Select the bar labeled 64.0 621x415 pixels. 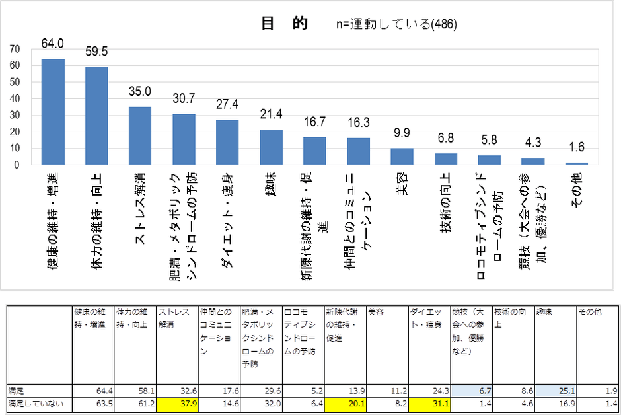[53, 112]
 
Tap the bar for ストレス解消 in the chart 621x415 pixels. [140, 135]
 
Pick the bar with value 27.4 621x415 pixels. [227, 142]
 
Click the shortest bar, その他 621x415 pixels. [576, 163]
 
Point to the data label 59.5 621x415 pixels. [96, 51]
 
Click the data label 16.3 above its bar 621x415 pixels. [358, 123]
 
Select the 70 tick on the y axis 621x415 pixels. [15, 49]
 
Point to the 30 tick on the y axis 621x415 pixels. [15, 116]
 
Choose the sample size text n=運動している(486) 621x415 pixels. [396, 24]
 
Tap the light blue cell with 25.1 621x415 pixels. [555, 391]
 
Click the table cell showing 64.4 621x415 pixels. [92, 391]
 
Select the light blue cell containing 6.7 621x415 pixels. [470, 391]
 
